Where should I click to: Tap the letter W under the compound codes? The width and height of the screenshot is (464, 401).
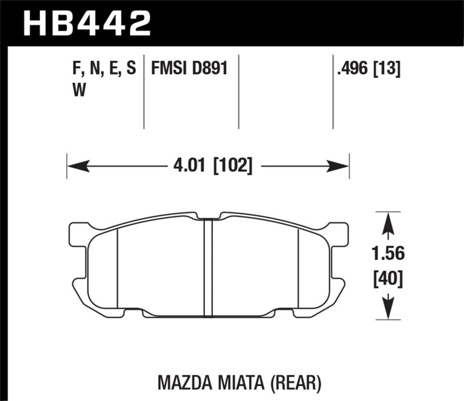pyautogui.click(x=75, y=91)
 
